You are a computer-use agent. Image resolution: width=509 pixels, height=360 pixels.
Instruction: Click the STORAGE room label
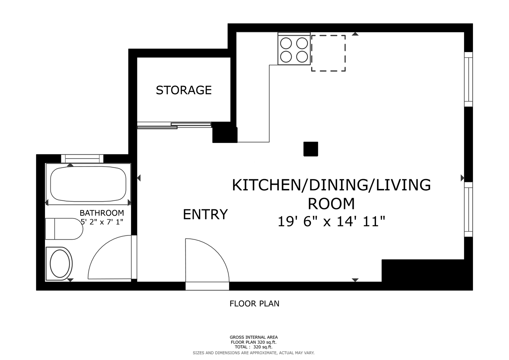[x=184, y=90]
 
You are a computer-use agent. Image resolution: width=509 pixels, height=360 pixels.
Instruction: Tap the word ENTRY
[x=205, y=214]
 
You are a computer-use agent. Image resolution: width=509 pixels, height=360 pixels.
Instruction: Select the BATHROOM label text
[x=102, y=213]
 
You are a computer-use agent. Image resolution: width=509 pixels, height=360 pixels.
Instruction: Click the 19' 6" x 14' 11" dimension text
[x=331, y=221]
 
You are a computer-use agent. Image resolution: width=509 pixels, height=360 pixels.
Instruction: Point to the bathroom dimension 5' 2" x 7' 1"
[x=102, y=222]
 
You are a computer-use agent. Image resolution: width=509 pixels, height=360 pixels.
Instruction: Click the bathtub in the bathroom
[x=88, y=184]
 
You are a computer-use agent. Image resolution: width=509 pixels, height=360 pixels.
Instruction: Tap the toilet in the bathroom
[x=64, y=229]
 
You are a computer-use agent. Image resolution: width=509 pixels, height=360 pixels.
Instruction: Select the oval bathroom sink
[x=60, y=264]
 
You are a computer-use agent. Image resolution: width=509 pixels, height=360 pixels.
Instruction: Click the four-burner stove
[x=294, y=48]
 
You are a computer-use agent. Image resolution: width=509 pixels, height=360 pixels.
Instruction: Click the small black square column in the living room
[x=311, y=149]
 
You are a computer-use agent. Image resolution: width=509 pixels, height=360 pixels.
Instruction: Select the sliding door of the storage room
[x=174, y=125]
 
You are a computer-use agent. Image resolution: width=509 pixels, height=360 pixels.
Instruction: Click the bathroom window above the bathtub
[x=82, y=159]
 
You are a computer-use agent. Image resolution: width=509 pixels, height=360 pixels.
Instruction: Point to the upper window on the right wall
[x=468, y=79]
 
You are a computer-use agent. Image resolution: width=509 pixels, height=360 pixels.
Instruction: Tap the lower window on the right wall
[x=468, y=209]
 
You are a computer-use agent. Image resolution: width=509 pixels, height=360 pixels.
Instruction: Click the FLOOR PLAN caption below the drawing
[x=254, y=304]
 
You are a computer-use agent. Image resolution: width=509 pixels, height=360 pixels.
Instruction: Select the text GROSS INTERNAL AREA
[x=254, y=337]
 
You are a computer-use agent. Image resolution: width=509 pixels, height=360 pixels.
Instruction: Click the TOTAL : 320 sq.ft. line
[x=254, y=347]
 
